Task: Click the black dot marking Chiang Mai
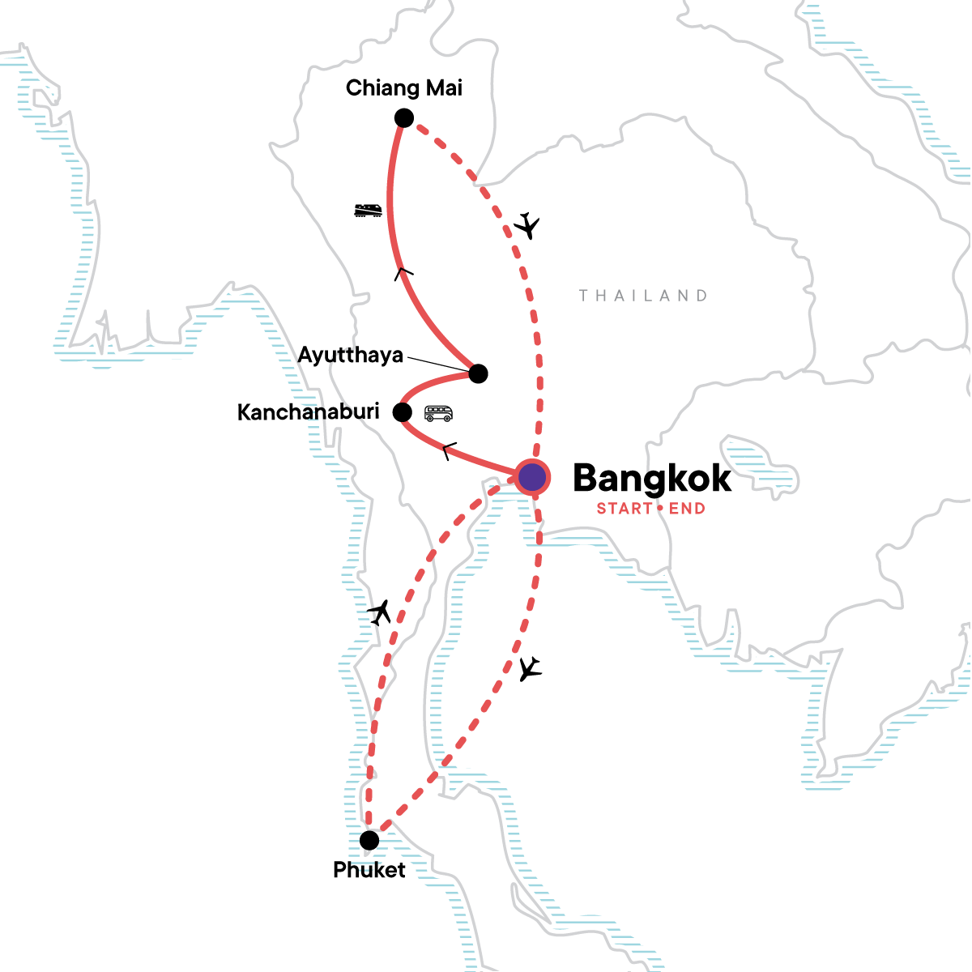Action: (x=404, y=118)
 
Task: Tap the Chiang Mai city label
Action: (x=403, y=87)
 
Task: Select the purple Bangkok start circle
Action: (x=532, y=478)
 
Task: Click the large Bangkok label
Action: (x=652, y=478)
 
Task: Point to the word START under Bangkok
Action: (x=625, y=509)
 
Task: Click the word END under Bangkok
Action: (x=687, y=509)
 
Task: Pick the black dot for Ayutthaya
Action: (x=478, y=373)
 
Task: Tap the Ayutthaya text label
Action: (x=350, y=355)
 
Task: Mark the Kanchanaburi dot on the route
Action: (x=403, y=412)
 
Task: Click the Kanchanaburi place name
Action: (x=308, y=411)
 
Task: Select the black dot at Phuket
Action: (x=369, y=839)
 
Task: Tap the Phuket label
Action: (x=369, y=870)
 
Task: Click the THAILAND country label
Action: (x=643, y=296)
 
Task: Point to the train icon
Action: (x=368, y=211)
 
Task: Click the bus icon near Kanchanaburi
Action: (x=438, y=414)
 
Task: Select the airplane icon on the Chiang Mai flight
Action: (x=527, y=224)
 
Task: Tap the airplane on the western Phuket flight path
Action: (x=379, y=612)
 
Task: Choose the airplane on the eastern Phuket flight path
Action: (x=530, y=669)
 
